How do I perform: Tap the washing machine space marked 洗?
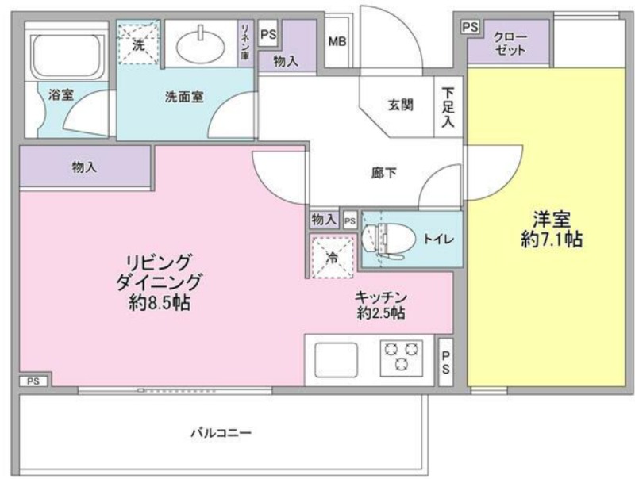click(138, 43)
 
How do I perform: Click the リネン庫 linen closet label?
click(244, 42)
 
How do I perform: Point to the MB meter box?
click(337, 42)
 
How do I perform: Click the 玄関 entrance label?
click(401, 105)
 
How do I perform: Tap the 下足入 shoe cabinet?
click(448, 106)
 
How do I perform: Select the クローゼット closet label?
click(510, 44)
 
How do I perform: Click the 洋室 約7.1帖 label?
click(552, 229)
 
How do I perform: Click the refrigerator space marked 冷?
click(332, 257)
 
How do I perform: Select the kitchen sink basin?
click(336, 360)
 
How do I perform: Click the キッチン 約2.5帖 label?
click(381, 305)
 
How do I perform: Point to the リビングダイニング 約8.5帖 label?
click(160, 282)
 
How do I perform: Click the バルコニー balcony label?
click(221, 433)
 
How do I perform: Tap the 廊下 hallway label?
click(384, 173)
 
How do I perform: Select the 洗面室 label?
click(184, 97)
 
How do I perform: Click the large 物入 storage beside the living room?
click(85, 167)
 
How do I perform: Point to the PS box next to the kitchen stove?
click(445, 362)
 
